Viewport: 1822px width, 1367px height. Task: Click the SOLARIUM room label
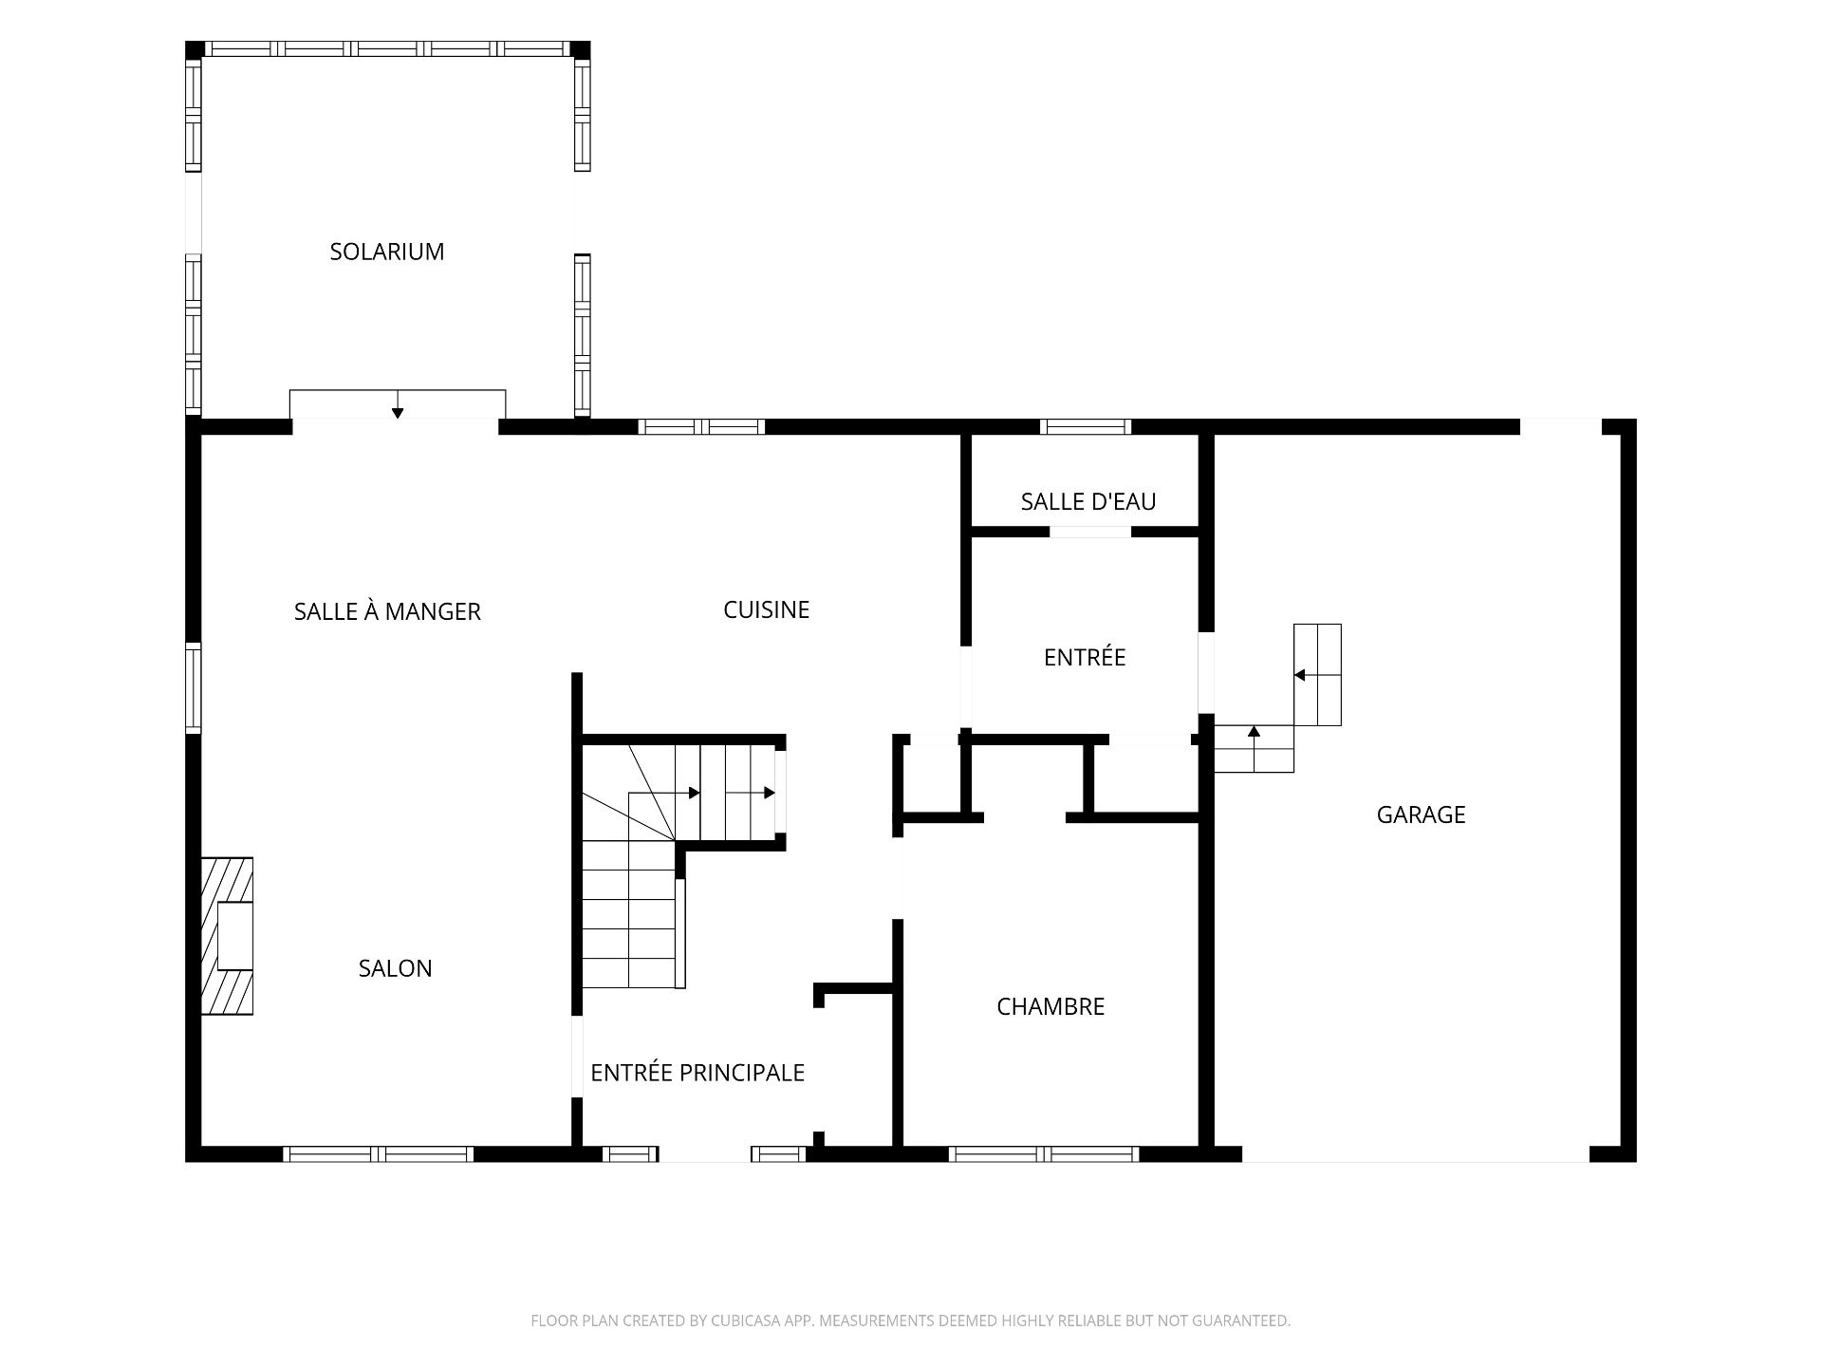pos(387,252)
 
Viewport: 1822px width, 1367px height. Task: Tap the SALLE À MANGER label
pos(387,611)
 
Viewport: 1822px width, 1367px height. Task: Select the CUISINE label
pos(767,609)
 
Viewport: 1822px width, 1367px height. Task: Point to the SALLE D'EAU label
pos(1088,501)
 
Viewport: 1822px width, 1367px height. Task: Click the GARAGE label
pos(1422,815)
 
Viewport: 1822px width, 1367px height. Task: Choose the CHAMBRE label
pos(1050,1006)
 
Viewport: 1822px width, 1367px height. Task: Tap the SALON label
pos(396,968)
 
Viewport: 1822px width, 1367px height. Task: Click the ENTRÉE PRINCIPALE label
pos(697,1072)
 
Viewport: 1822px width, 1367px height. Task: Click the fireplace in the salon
pos(227,936)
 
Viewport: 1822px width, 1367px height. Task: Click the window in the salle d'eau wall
pos(1087,426)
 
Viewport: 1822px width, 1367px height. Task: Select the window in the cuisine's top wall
pos(701,426)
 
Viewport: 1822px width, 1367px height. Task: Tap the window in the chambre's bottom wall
pos(1044,1154)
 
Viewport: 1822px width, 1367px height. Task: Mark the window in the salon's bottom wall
pos(379,1154)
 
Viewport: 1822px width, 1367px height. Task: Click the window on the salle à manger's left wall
pos(194,687)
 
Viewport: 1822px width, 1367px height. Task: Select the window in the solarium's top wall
pos(387,49)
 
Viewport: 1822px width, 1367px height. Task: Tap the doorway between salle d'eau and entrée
pos(1090,532)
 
